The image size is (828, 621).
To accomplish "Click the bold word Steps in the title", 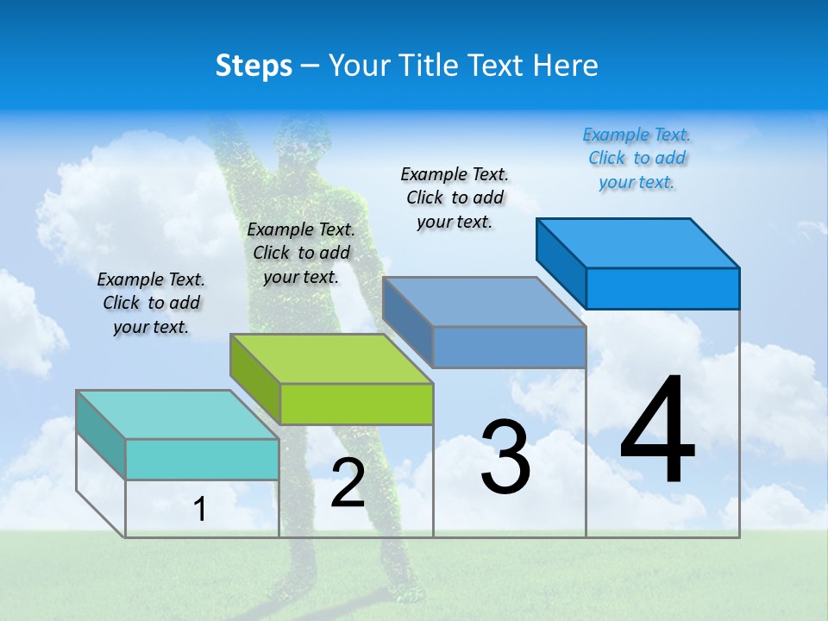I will coord(254,66).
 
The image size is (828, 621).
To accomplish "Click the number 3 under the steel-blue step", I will coord(505,457).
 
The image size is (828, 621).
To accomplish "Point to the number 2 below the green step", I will coord(348,483).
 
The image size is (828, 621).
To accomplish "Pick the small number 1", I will coord(199,510).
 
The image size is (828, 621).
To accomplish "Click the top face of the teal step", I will coord(177,414).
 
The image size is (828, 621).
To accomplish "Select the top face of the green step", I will coord(331,358).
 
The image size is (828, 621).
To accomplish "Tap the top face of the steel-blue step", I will coord(483,301).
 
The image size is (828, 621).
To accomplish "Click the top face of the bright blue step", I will coord(637,242).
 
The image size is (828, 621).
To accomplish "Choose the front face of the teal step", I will coord(202,459).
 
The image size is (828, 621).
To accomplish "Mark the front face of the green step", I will coord(356,404).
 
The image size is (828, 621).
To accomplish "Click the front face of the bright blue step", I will coord(662,288).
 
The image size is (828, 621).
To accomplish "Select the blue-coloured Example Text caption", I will coord(637,159).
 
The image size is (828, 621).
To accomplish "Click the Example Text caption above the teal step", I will coord(151,303).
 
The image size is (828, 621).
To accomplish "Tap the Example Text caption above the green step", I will coord(301,253).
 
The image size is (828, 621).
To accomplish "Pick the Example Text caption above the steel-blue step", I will coord(455,198).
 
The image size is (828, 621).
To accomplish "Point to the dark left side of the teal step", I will coord(101,434).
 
